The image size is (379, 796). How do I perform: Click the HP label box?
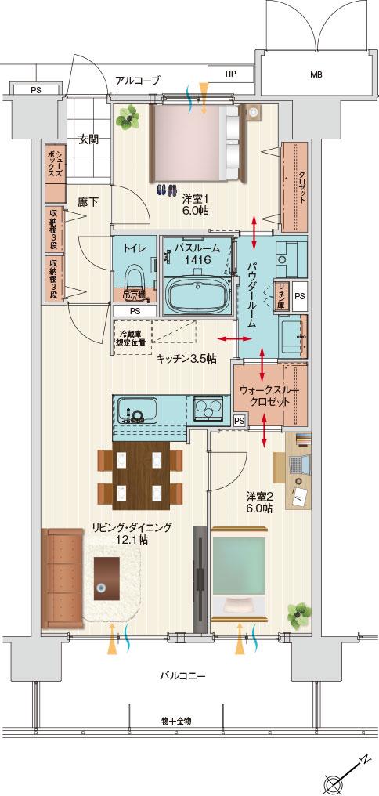[230, 74]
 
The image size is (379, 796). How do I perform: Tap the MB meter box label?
[315, 75]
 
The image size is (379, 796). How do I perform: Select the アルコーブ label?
[137, 80]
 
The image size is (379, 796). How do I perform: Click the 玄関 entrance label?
[88, 140]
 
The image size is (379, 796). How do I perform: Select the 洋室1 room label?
[195, 204]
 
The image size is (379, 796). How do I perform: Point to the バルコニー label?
[182, 675]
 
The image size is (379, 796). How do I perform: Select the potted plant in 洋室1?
[126, 119]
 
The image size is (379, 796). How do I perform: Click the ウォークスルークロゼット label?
[270, 395]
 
